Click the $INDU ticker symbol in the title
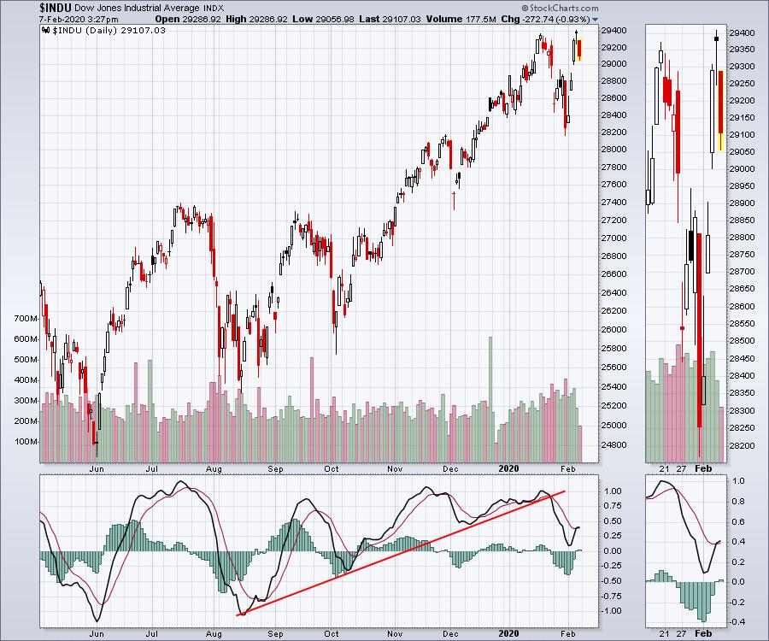(56, 7)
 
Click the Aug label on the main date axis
(214, 469)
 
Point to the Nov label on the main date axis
(394, 469)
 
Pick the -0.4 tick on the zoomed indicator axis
(737, 622)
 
